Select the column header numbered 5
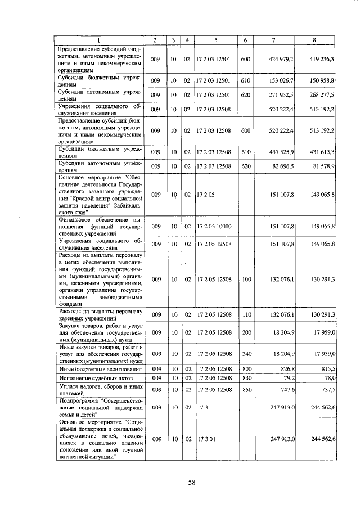pyautogui.click(x=216, y=40)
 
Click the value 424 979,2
pyautogui.click(x=282, y=59)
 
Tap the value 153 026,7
pyautogui.click(x=282, y=81)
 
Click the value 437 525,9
pyautogui.click(x=282, y=152)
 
